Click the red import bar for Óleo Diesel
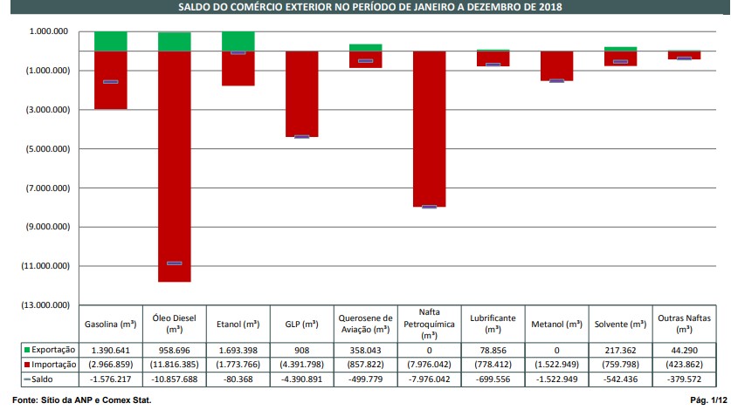click(x=175, y=166)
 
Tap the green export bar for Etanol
click(x=238, y=40)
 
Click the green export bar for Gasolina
click(x=111, y=40)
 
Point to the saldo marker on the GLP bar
click(x=302, y=137)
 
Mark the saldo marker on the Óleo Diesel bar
click(x=175, y=263)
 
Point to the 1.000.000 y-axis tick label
click(x=49, y=31)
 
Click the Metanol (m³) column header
click(x=556, y=325)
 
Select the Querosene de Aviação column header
click(x=365, y=324)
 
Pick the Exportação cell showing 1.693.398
click(x=238, y=348)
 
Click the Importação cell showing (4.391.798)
click(x=301, y=364)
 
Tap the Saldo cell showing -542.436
click(x=620, y=379)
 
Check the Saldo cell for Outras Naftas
click(x=684, y=379)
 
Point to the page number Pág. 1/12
click(x=708, y=400)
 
